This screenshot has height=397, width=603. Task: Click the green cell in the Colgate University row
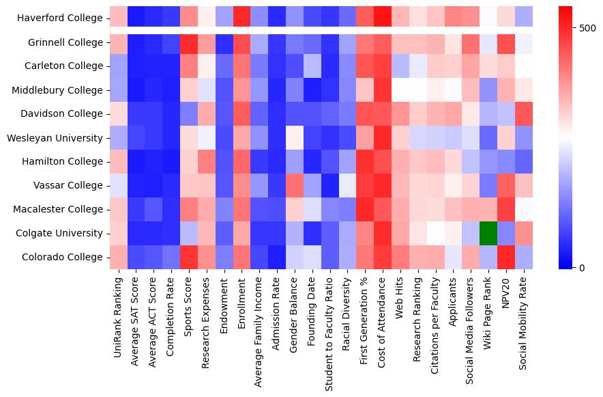[489, 233]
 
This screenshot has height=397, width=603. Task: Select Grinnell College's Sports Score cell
[189, 42]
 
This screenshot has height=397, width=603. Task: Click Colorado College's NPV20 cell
[507, 257]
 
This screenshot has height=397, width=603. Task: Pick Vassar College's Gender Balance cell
[295, 185]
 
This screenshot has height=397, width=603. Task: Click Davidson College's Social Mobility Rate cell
[525, 113]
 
